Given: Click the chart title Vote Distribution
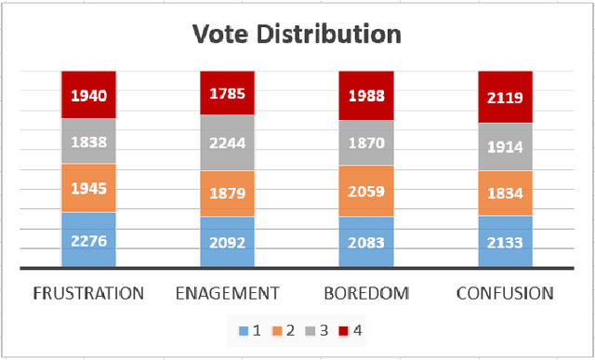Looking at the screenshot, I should click(x=297, y=34).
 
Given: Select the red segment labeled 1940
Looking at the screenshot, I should click(x=89, y=94).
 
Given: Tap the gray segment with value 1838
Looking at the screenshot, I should click(x=89, y=141).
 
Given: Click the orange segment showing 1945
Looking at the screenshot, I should click(x=89, y=189).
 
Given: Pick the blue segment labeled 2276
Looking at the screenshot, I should click(x=89, y=240).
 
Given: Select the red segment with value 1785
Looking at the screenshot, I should click(x=228, y=92).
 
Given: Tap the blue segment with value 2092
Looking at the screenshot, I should click(x=228, y=242).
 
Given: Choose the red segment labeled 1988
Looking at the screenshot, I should click(x=366, y=95).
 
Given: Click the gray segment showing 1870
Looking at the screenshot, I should click(x=366, y=143).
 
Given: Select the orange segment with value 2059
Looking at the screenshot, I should click(x=366, y=192).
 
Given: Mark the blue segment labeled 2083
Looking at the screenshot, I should click(x=366, y=242).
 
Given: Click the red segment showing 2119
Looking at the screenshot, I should click(x=505, y=97).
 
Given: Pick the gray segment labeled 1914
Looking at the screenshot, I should click(x=505, y=148).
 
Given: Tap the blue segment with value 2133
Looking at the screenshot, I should click(x=505, y=242).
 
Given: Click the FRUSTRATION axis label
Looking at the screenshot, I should click(x=89, y=293).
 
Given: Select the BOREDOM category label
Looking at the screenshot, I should click(x=366, y=293).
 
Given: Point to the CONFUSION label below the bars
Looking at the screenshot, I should click(x=505, y=293).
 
